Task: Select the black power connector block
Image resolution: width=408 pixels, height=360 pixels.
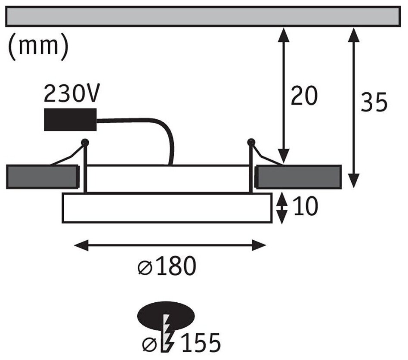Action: [70, 119]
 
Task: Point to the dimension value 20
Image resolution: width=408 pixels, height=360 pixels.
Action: [304, 96]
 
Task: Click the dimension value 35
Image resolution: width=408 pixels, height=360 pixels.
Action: [374, 102]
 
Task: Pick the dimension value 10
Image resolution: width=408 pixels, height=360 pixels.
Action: [305, 208]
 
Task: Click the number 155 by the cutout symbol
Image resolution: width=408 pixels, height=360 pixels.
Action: [198, 343]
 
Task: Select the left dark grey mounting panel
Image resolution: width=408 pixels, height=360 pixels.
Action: [42, 177]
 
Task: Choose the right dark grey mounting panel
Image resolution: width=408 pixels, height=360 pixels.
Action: [298, 177]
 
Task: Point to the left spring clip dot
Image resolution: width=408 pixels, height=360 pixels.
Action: [85, 141]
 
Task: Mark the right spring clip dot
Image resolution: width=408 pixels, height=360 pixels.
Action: [250, 141]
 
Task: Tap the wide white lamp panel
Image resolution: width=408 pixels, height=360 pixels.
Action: [167, 208]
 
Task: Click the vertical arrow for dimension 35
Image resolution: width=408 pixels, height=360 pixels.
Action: [353, 108]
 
